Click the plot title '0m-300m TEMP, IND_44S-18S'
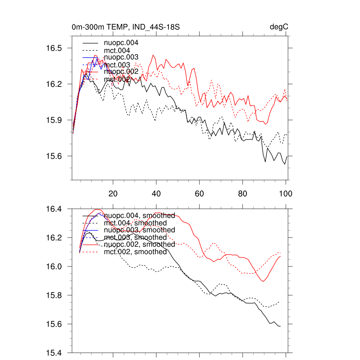pyautogui.click(x=126, y=27)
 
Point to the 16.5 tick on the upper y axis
pyautogui.click(x=54, y=48)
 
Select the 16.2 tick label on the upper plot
pyautogui.click(x=54, y=84)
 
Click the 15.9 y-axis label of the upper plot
pyautogui.click(x=54, y=120)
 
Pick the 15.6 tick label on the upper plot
pyautogui.click(x=54, y=156)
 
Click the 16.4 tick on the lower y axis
pyautogui.click(x=54, y=209)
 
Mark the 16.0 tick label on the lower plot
pyautogui.click(x=54, y=266)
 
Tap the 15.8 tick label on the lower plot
pyautogui.click(x=54, y=295)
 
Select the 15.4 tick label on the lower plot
pyautogui.click(x=54, y=353)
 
